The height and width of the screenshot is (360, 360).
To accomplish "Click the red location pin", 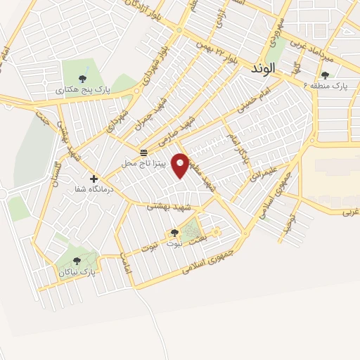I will tap(181, 165).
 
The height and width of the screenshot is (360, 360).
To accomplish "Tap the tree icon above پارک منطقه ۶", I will tap(324, 75).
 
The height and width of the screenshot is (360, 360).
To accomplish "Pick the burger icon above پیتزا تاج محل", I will tap(143, 153).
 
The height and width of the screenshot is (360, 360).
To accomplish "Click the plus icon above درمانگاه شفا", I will tap(94, 179).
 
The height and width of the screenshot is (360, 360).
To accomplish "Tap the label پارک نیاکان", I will tap(77, 271).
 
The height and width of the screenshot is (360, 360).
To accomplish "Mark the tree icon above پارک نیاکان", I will tap(77, 261).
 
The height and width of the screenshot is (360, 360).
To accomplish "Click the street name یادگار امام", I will tap(236, 145).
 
